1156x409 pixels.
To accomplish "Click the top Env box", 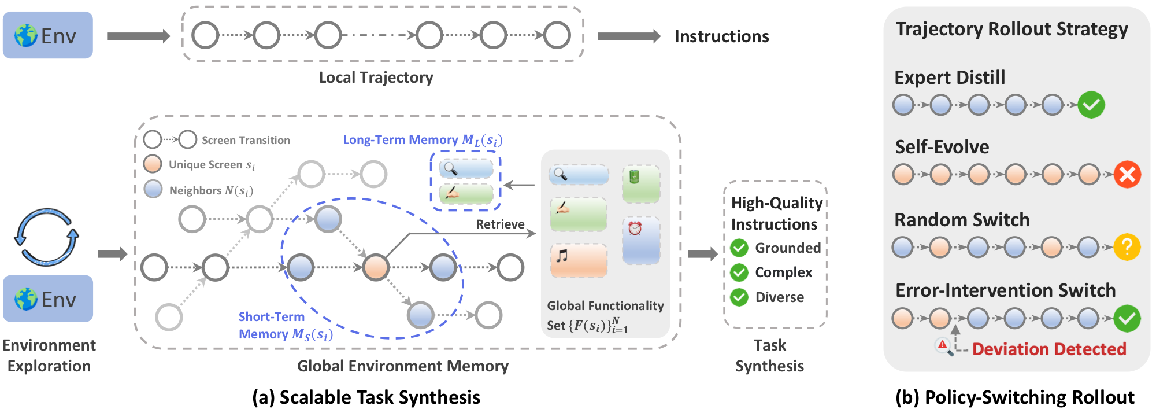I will (47, 35).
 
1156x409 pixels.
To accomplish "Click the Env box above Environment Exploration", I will (47, 299).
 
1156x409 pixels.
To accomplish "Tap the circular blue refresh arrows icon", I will (46, 237).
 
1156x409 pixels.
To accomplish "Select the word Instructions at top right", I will (721, 36).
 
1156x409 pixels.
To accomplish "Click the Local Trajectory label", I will (376, 78).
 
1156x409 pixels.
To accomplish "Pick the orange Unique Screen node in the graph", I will (376, 267).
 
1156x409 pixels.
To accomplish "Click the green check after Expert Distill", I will (1091, 105).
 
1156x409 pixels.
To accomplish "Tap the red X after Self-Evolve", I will (1127, 175).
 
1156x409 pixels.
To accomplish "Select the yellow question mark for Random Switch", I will (1127, 247).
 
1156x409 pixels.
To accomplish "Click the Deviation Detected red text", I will (1048, 349).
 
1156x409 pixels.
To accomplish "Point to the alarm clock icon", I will (635, 228).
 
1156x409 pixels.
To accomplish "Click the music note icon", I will (562, 255).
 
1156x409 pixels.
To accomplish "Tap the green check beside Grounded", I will (739, 248).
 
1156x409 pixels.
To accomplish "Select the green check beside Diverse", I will (739, 297).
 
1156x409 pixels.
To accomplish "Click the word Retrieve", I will (500, 224).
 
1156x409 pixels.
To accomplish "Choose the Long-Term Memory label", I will (423, 140).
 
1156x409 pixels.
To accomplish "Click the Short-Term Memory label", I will (285, 326).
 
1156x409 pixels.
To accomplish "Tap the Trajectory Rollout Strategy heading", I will (1011, 29).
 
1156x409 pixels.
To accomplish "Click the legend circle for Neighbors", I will (153, 190).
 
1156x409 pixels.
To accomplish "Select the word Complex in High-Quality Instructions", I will (783, 272).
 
